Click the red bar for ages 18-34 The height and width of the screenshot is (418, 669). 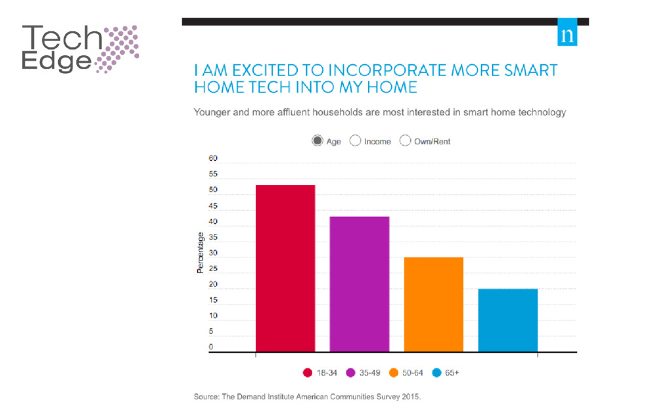click(286, 268)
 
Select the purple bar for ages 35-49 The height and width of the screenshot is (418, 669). click(359, 284)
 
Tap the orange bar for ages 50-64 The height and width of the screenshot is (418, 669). click(434, 304)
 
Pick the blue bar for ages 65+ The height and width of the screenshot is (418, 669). click(508, 320)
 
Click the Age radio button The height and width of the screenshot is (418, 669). click(318, 141)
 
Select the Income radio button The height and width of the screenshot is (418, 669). click(356, 141)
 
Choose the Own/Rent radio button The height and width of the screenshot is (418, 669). click(405, 141)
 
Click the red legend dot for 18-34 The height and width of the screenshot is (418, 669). click(307, 373)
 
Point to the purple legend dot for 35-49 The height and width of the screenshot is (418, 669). click(350, 373)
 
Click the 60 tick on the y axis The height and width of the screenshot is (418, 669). click(213, 159)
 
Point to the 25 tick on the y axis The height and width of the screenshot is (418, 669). click(213, 269)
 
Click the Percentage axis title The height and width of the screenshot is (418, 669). click(201, 253)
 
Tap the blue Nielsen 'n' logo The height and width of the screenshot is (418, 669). click(568, 36)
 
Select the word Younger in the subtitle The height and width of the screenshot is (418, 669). click(213, 112)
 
